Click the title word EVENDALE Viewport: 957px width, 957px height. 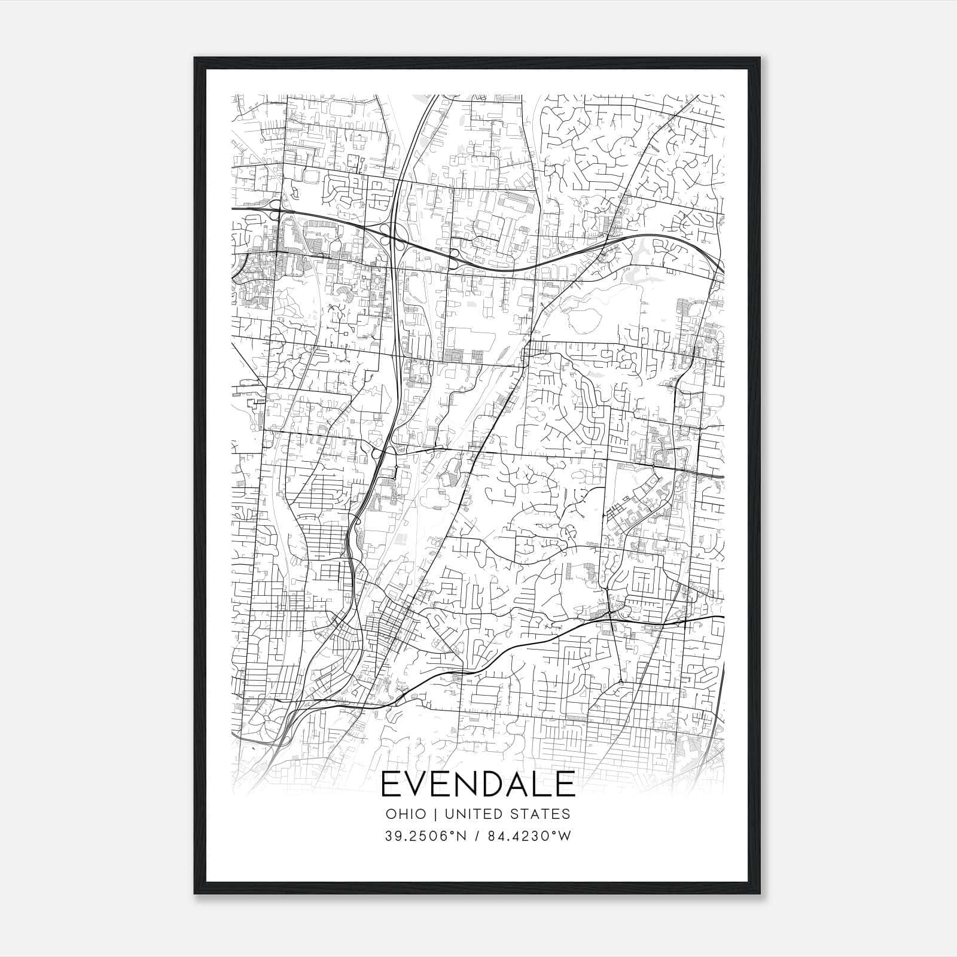(x=478, y=785)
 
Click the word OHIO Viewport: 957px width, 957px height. (x=406, y=814)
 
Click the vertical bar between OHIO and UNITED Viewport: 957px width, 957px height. (x=435, y=814)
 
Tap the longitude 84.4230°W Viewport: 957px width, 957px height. (x=529, y=836)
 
